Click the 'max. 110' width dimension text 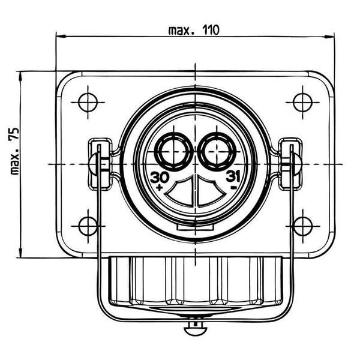194,31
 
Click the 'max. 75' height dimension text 15,151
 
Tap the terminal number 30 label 160,177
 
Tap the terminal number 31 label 233,177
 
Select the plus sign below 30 160,187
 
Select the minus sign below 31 234,188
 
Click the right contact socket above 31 217,152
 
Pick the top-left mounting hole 88,103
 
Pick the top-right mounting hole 302,103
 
